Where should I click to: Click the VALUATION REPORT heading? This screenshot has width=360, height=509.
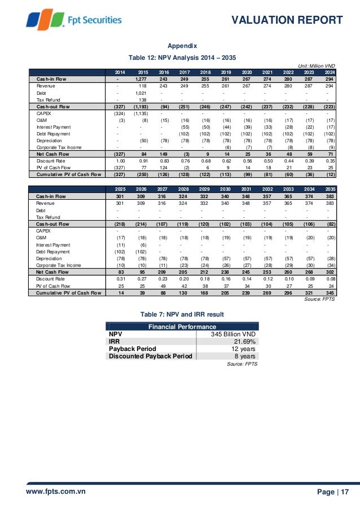click(287, 20)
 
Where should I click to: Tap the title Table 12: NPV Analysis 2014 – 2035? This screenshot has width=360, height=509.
click(183, 58)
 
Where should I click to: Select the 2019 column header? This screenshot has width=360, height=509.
click(226, 72)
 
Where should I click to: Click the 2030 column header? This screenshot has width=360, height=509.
click(226, 189)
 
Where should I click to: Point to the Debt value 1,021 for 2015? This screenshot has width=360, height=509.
click(142, 93)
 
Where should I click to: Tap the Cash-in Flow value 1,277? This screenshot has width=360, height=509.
click(141, 79)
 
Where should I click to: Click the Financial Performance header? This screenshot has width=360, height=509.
click(182, 327)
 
